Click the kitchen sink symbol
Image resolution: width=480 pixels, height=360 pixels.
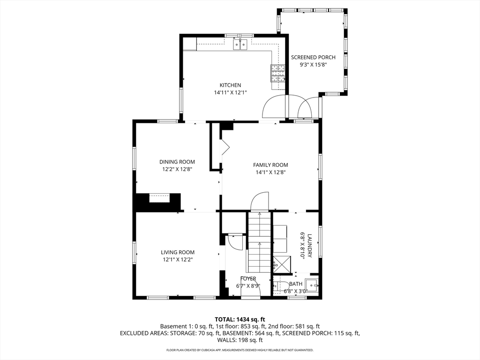(x=240, y=45)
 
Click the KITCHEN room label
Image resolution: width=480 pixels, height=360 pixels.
(x=230, y=85)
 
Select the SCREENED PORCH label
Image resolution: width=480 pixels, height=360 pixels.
(x=313, y=58)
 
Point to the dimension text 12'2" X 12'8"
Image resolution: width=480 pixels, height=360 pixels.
(x=177, y=170)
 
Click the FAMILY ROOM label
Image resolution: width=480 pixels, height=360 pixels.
(x=270, y=165)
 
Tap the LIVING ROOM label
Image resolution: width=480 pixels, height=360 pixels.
(x=178, y=252)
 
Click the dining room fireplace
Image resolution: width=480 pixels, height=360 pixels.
(x=159, y=199)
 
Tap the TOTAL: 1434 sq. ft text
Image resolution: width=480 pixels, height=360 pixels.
(x=240, y=319)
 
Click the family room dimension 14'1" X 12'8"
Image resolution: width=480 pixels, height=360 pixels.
(x=270, y=172)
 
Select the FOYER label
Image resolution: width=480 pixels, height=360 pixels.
(x=248, y=279)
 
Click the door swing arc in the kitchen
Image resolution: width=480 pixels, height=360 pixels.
(x=274, y=107)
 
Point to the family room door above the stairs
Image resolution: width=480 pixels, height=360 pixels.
(x=259, y=201)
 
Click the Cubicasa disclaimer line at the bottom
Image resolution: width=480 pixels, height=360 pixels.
(x=240, y=350)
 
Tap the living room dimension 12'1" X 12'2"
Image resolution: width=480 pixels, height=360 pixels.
(x=178, y=260)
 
